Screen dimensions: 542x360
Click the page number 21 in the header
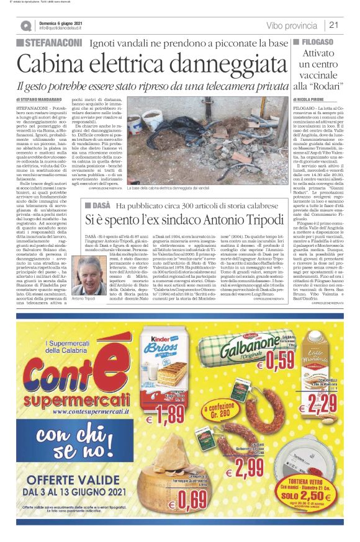coord(333,25)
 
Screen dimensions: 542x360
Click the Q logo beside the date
coord(25,25)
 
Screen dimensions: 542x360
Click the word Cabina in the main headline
coord(58,64)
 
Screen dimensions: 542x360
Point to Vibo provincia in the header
coord(292,25)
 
